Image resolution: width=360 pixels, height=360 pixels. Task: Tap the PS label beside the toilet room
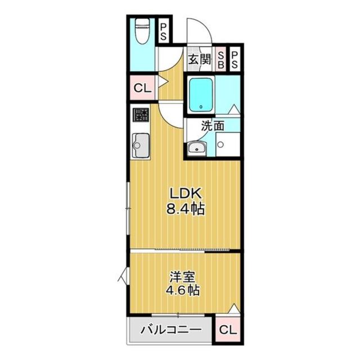click(164, 32)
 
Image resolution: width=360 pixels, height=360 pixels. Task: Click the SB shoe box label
click(221, 59)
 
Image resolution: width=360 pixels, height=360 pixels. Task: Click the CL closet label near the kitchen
click(142, 88)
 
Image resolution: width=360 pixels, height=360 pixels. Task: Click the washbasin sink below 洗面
click(196, 148)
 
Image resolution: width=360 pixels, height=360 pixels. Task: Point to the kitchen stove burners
click(141, 116)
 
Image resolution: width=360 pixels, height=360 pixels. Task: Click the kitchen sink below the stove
click(139, 146)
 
